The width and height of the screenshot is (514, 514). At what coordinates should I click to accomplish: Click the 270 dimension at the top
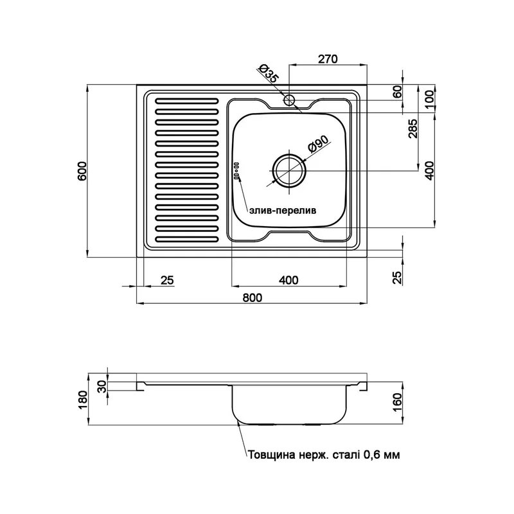point(328,59)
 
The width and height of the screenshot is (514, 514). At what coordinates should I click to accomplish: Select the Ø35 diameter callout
point(269,73)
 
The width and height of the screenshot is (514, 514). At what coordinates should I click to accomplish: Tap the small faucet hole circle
point(290,100)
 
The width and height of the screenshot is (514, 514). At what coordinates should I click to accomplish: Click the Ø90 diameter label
point(317,143)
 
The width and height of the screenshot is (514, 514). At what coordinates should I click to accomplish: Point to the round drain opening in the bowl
point(290,171)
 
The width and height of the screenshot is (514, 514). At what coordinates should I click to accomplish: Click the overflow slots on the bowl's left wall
point(236,170)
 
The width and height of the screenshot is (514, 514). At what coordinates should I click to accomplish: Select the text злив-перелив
point(283,211)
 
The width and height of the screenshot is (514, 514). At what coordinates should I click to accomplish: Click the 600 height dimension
point(82,171)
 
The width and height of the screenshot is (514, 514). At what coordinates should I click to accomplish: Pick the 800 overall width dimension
point(253,297)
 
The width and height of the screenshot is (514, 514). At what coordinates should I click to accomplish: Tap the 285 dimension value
point(414,128)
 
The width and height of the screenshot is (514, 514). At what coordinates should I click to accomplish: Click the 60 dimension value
point(397,92)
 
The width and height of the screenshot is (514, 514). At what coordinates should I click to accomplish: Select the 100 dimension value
point(429,98)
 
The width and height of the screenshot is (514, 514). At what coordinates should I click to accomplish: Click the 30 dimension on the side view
point(102,386)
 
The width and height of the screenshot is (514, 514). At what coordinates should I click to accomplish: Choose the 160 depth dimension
point(397,403)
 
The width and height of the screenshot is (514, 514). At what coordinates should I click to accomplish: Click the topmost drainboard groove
point(186,102)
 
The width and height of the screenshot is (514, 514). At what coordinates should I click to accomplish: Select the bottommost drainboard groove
point(186,239)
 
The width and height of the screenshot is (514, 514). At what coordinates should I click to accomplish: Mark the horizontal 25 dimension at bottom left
point(167,281)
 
